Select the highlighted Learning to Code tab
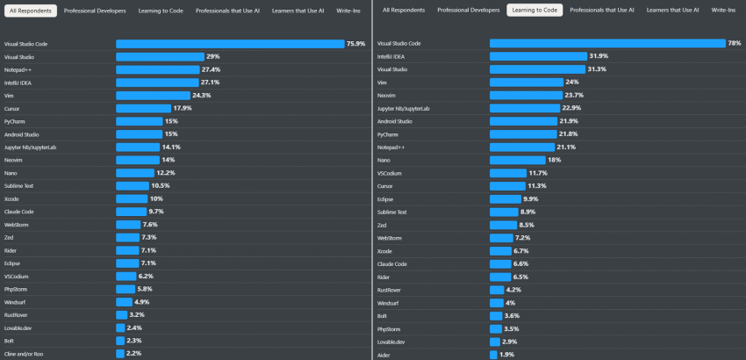coord(534,11)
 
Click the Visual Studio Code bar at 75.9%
coord(230,43)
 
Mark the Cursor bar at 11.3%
coord(506,186)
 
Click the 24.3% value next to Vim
coord(202,95)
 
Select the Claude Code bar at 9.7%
coord(131,212)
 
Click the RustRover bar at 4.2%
coord(497,289)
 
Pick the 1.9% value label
coord(507,354)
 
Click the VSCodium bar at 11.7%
coord(507,173)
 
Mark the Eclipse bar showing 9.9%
coord(505,198)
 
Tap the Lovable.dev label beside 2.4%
coord(20,328)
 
